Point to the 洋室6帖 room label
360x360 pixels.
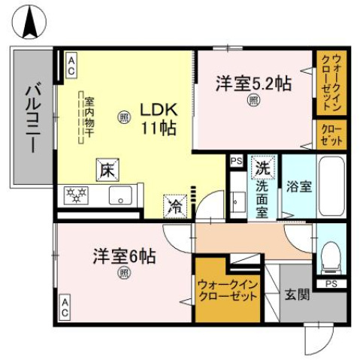pyautogui.click(x=124, y=256)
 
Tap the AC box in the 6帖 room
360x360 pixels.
pyautogui.click(x=65, y=306)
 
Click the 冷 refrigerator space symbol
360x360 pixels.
pyautogui.click(x=174, y=203)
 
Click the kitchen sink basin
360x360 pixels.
pyautogui.click(x=121, y=197)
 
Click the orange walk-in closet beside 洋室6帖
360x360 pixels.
pyautogui.click(x=227, y=290)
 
